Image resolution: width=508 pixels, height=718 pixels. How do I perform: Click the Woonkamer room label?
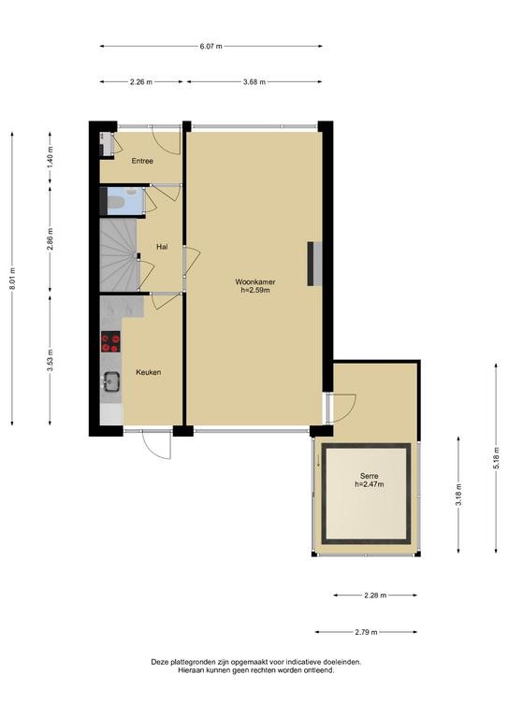tap(255, 282)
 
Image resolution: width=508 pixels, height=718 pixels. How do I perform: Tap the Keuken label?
tap(149, 372)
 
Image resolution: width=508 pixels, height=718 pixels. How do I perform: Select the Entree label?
tap(142, 161)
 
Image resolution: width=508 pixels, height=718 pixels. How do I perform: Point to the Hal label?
tap(162, 247)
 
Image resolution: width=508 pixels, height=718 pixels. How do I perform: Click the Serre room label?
tap(370, 476)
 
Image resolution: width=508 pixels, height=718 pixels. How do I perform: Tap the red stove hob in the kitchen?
tap(110, 341)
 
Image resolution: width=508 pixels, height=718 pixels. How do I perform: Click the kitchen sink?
tap(111, 381)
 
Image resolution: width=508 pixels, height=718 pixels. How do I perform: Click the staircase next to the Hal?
tap(119, 254)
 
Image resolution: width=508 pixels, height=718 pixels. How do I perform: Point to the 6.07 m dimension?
tap(211, 46)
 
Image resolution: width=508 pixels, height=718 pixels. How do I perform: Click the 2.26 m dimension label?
tap(141, 82)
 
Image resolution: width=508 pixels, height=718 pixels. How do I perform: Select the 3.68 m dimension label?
tap(254, 82)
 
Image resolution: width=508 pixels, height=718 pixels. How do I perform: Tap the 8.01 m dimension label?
tap(12, 279)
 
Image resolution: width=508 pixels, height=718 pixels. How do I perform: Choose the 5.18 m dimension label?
tap(496, 458)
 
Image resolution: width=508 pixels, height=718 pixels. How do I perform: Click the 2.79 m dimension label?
tap(367, 632)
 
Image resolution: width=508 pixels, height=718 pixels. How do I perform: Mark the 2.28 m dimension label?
tap(375, 596)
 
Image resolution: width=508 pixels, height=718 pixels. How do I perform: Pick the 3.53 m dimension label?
tap(50, 360)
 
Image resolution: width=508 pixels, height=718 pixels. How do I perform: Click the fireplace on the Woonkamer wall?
tap(314, 264)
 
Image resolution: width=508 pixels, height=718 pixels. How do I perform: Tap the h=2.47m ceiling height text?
tap(370, 484)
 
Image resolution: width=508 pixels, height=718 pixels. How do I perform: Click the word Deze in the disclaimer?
tap(160, 662)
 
